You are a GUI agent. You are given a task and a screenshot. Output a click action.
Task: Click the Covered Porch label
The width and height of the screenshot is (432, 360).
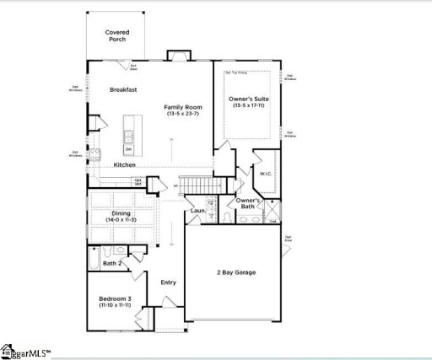[117, 35]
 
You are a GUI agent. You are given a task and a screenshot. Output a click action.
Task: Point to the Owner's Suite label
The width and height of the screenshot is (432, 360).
[250, 99]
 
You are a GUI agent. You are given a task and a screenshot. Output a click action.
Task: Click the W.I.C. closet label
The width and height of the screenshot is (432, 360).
[264, 175]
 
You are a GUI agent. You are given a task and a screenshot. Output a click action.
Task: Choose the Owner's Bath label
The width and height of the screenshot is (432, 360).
[246, 203]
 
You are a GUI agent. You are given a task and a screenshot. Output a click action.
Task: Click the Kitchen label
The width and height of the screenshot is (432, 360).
[125, 164]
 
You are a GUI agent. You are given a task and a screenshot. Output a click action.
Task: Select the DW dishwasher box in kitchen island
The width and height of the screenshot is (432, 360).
[128, 149]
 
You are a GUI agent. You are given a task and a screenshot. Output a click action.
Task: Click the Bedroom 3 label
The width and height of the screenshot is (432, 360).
[113, 300]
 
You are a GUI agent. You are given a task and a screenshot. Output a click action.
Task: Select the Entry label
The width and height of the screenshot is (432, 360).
[168, 282]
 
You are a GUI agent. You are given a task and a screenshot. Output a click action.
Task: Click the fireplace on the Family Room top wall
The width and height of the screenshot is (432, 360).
[178, 56]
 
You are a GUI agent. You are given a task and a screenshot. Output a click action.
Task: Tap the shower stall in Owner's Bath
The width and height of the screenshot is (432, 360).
[271, 209]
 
